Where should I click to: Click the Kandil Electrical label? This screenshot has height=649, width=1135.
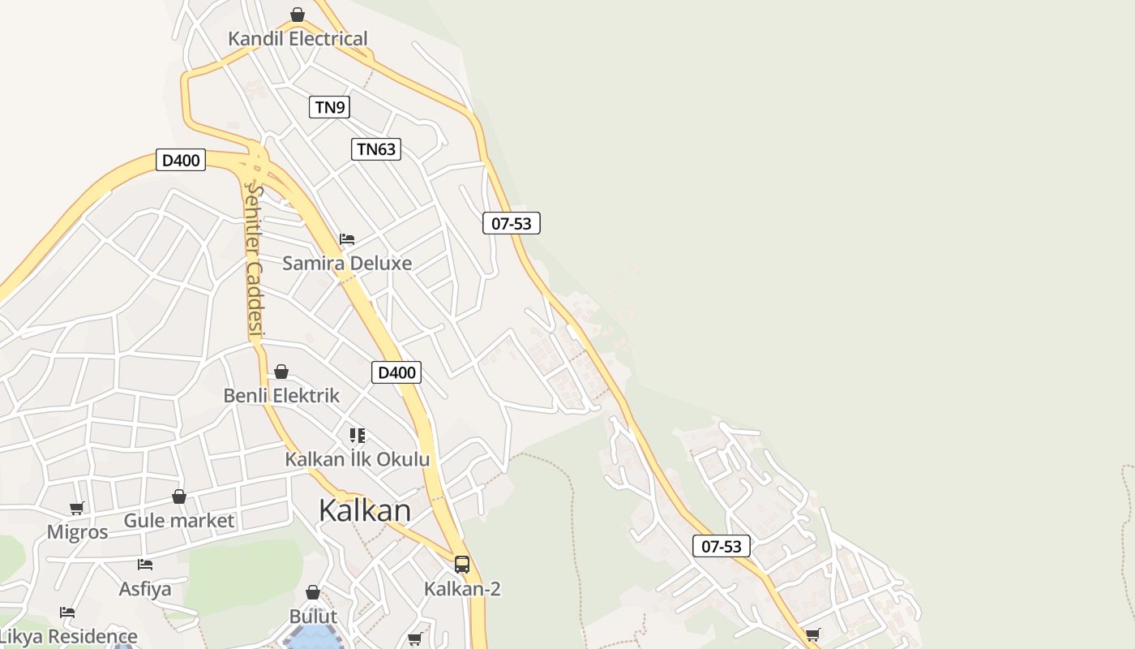click(298, 39)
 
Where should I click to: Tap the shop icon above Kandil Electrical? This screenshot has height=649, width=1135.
click(298, 15)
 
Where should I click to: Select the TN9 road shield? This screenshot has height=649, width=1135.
click(329, 106)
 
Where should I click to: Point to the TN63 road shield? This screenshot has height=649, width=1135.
click(376, 148)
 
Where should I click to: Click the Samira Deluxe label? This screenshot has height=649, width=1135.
click(347, 263)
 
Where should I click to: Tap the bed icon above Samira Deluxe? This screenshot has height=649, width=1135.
click(347, 239)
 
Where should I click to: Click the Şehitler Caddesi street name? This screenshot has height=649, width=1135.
click(255, 260)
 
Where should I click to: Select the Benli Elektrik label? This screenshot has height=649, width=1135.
click(281, 396)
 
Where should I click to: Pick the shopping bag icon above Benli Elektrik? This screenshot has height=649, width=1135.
click(281, 372)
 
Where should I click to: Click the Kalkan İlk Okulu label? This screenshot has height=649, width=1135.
click(357, 459)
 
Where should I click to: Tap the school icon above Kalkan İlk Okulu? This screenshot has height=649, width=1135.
click(357, 436)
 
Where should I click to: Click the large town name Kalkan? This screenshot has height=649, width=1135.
click(365, 510)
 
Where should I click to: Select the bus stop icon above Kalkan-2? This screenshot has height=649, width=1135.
click(462, 564)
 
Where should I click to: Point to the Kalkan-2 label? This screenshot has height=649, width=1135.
click(462, 589)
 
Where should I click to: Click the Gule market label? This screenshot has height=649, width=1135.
click(178, 521)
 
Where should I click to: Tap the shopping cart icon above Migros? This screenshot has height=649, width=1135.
click(77, 508)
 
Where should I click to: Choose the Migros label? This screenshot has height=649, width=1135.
click(77, 532)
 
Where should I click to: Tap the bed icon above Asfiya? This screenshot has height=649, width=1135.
click(145, 564)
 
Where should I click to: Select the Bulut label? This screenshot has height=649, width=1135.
click(313, 617)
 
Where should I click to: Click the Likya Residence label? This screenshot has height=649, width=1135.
click(68, 636)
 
